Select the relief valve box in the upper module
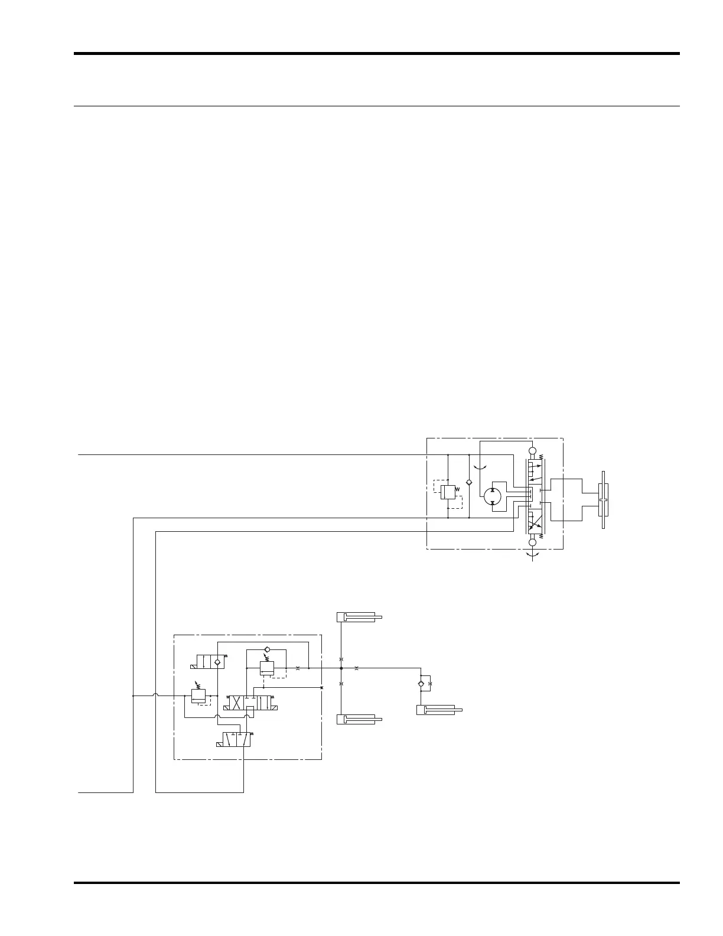448,492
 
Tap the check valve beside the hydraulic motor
469,483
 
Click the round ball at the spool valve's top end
532,451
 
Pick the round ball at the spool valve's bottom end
532,542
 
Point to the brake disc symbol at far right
603,500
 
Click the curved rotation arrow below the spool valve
532,555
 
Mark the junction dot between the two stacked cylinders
341,668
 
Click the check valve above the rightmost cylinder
421,684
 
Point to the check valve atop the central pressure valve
267,649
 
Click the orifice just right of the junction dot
356,668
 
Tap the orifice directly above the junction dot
341,659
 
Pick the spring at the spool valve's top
541,457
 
